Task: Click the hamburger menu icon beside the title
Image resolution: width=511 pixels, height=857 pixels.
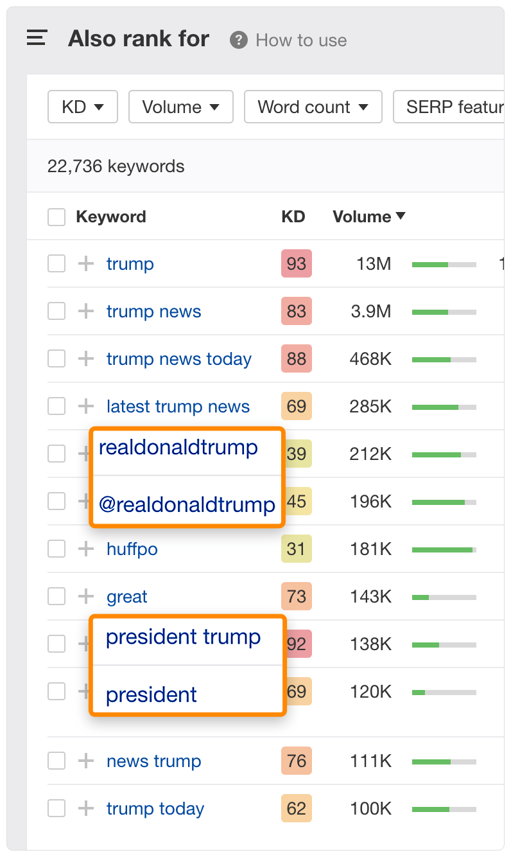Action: pyautogui.click(x=37, y=39)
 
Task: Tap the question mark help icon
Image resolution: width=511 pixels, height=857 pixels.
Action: pyautogui.click(x=239, y=40)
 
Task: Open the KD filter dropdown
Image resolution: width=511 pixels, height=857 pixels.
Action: pyautogui.click(x=82, y=107)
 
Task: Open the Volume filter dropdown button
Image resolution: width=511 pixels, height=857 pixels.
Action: pyautogui.click(x=180, y=107)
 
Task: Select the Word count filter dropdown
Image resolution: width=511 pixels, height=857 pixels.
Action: pyautogui.click(x=313, y=107)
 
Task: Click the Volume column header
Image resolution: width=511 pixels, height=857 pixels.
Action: pyautogui.click(x=368, y=216)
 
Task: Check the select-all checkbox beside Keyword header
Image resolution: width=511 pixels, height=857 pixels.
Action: pyautogui.click(x=56, y=217)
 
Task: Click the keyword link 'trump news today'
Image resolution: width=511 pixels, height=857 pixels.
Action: pyautogui.click(x=178, y=359)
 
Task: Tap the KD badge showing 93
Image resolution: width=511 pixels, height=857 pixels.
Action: pyautogui.click(x=296, y=264)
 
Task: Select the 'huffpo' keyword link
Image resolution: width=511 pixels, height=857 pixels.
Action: pyautogui.click(x=132, y=549)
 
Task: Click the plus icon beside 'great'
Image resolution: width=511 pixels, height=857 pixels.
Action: pyautogui.click(x=85, y=597)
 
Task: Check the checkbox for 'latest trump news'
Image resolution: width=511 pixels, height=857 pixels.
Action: pyautogui.click(x=56, y=407)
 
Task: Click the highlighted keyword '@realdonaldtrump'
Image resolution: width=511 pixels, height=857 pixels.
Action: pyautogui.click(x=187, y=504)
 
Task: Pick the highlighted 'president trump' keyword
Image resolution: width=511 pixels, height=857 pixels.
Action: pyautogui.click(x=183, y=637)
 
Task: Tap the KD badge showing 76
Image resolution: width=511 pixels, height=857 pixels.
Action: pyautogui.click(x=296, y=761)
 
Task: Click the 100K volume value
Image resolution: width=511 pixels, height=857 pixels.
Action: pyautogui.click(x=370, y=809)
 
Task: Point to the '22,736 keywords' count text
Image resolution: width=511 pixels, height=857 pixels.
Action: pyautogui.click(x=116, y=166)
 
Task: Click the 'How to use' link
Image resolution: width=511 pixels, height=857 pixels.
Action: pyautogui.click(x=301, y=40)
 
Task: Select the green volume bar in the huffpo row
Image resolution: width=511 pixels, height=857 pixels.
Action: pyautogui.click(x=444, y=549)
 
